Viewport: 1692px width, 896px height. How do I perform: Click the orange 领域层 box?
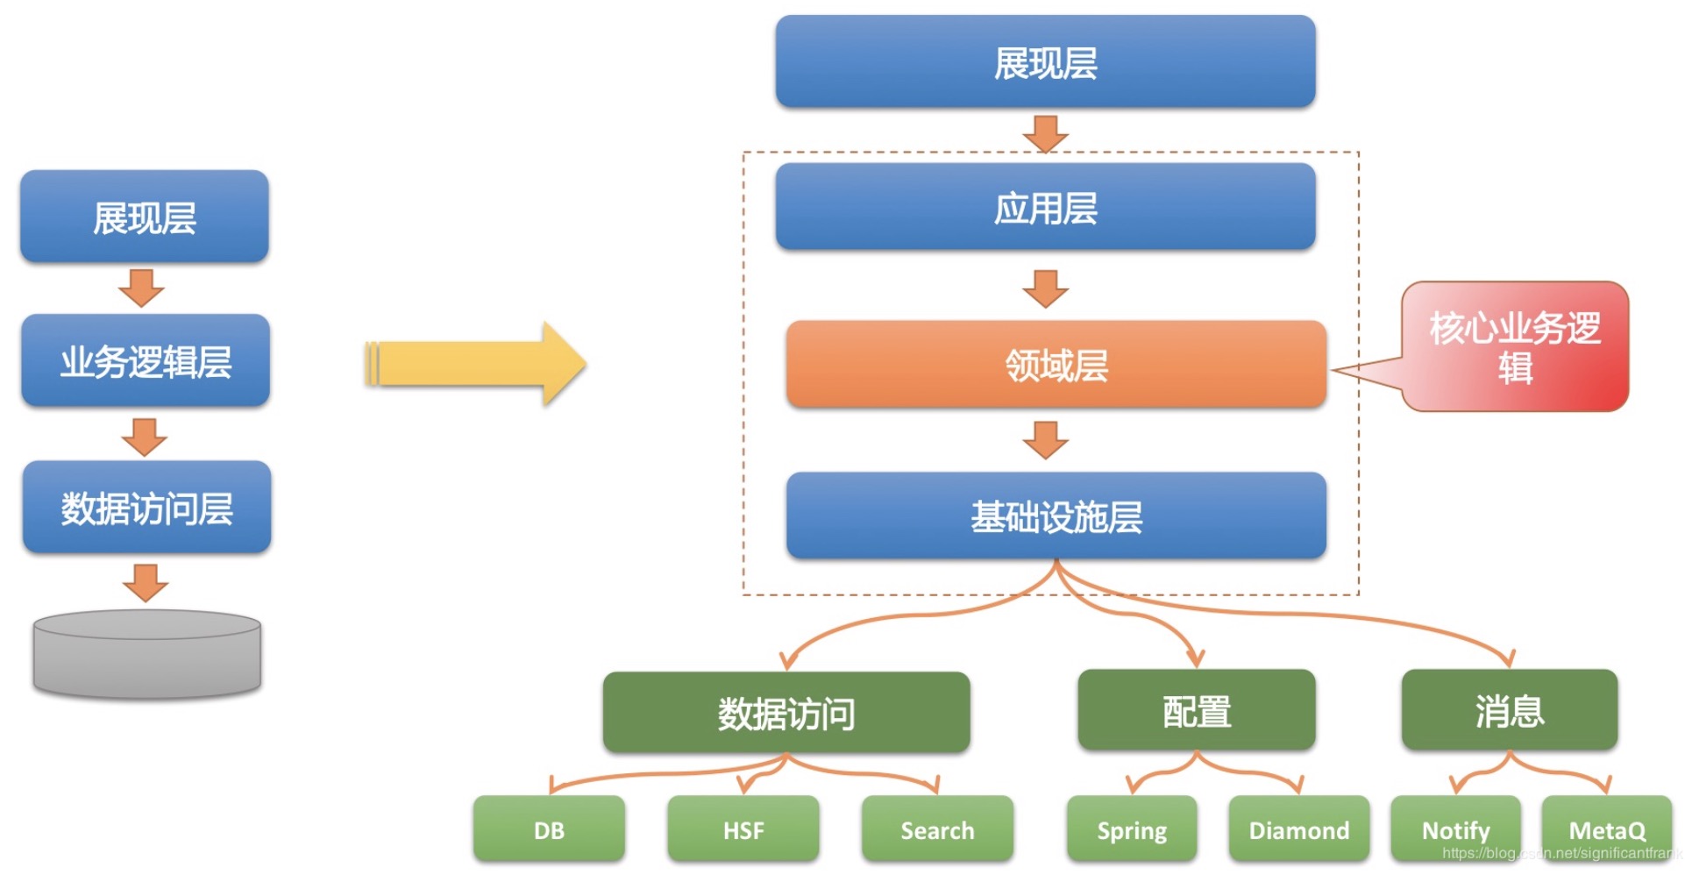point(1056,365)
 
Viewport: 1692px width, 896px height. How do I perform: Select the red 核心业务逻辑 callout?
point(1515,346)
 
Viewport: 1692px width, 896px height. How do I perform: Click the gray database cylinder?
point(146,654)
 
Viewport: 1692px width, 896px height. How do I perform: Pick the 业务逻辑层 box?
point(146,361)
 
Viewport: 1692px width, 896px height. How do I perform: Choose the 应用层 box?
point(1045,208)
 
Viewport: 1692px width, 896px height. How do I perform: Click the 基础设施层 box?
point(1056,516)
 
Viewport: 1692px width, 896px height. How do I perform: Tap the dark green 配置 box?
point(1197,711)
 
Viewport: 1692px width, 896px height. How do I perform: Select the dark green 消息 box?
point(1509,711)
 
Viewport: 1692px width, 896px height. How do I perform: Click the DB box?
point(549,829)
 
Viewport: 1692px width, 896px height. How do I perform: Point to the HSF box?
point(743,829)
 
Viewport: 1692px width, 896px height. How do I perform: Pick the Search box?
point(937,829)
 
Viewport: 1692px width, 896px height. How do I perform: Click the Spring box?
point(1132,829)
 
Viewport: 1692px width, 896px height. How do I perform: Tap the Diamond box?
point(1298,829)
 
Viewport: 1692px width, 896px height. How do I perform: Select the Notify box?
point(1455,829)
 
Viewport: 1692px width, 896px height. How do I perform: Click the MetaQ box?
point(1607,829)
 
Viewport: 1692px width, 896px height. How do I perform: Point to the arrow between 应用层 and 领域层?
point(1045,288)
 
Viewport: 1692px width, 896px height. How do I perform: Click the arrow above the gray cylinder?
point(146,582)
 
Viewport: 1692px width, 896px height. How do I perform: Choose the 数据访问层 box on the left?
point(146,508)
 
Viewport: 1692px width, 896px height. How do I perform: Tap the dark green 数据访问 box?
point(786,713)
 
